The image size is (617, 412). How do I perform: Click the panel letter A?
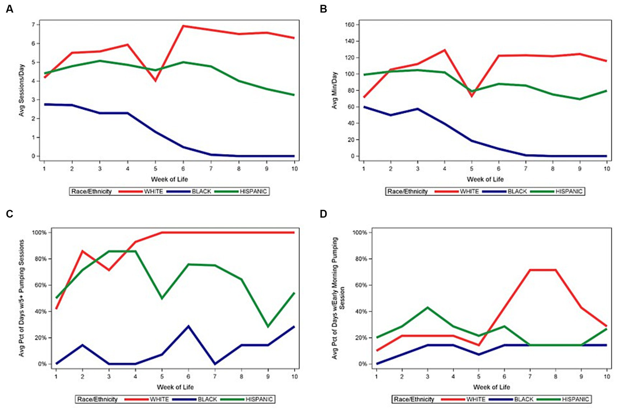pyautogui.click(x=9, y=9)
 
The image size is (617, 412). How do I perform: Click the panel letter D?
pyautogui.click(x=323, y=214)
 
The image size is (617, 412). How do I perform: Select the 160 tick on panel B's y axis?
pyautogui.click(x=349, y=25)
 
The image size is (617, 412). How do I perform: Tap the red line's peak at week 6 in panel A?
pyautogui.click(x=183, y=26)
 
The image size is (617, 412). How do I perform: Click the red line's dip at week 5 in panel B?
pyautogui.click(x=471, y=96)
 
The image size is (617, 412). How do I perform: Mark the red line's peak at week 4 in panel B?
pyautogui.click(x=445, y=50)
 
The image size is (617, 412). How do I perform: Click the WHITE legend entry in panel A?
pyautogui.click(x=153, y=192)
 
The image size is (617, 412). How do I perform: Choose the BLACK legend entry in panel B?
pyautogui.click(x=517, y=192)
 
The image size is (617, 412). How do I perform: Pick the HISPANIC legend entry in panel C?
pyautogui.click(x=259, y=399)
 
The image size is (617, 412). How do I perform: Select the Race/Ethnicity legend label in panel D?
pyautogui.click(x=414, y=399)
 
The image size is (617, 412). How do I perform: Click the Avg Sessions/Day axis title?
pyautogui.click(x=22, y=90)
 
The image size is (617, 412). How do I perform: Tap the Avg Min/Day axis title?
pyautogui.click(x=334, y=90)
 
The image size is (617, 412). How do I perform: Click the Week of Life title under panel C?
pyautogui.click(x=175, y=387)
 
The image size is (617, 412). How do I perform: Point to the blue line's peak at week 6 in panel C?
pyautogui.click(x=189, y=326)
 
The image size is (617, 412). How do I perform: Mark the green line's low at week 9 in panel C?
pyautogui.click(x=268, y=326)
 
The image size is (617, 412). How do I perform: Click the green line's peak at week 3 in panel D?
pyautogui.click(x=427, y=308)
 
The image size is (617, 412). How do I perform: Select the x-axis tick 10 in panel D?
pyautogui.click(x=607, y=377)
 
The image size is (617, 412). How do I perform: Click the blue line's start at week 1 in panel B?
pyautogui.click(x=364, y=107)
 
